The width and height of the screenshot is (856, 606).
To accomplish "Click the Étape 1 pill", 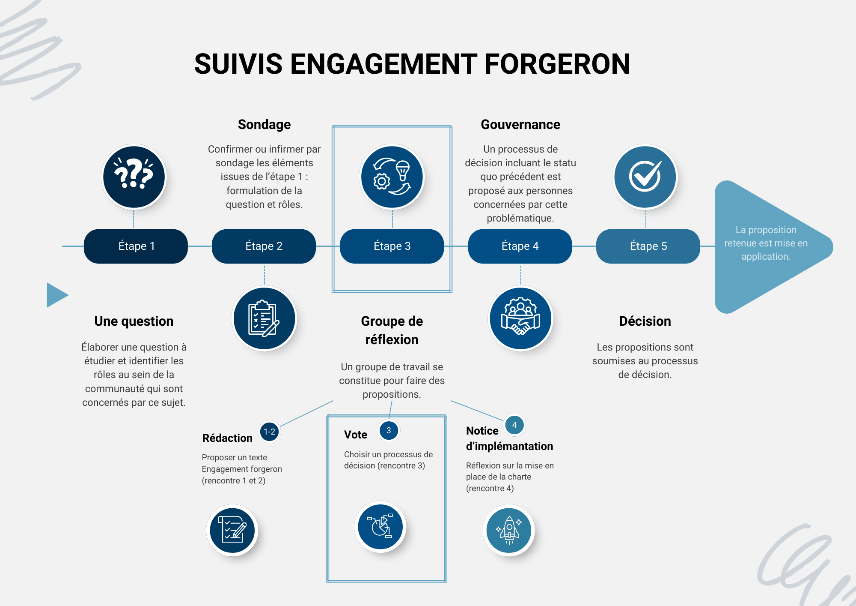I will tap(136, 246).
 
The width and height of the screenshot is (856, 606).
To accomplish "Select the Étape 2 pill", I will tap(264, 246).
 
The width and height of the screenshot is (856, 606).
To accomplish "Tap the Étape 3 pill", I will tap(392, 246).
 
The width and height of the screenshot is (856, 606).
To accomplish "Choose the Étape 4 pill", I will tap(520, 246).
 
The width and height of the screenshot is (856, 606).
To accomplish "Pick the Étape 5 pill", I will tap(648, 246).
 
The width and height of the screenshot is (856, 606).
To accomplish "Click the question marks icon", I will tap(134, 177).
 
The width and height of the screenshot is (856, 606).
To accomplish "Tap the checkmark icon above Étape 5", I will tap(645, 177).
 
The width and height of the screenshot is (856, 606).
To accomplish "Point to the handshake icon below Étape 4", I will tap(520, 318).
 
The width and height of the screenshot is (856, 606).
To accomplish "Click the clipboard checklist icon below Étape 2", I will tap(265, 318).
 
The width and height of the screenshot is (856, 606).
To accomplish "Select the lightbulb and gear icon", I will tap(392, 177).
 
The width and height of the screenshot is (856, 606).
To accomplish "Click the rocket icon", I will tap(509, 530).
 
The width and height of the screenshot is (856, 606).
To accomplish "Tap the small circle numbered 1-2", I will tap(269, 432).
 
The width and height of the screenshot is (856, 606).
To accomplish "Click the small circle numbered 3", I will tap(389, 430).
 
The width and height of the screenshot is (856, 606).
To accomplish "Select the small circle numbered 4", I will tap(514, 425).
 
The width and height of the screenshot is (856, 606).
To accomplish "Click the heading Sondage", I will tap(264, 124).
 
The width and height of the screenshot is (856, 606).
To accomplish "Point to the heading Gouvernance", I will tap(520, 124).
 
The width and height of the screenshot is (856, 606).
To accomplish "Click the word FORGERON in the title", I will tap(557, 64).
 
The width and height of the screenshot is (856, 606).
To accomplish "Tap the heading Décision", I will tap(645, 321).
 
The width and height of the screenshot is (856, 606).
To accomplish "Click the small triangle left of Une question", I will tap(56, 295).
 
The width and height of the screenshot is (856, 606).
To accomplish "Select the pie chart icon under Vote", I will tap(380, 527).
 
